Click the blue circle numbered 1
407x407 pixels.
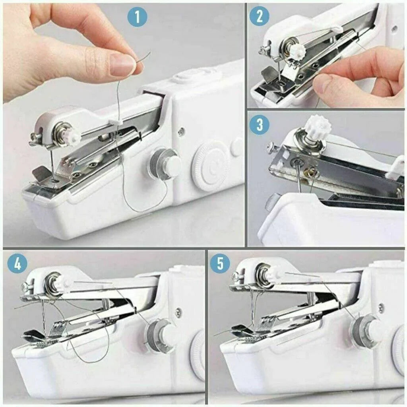tap(138, 17)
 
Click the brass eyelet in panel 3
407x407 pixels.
tap(312, 172)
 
